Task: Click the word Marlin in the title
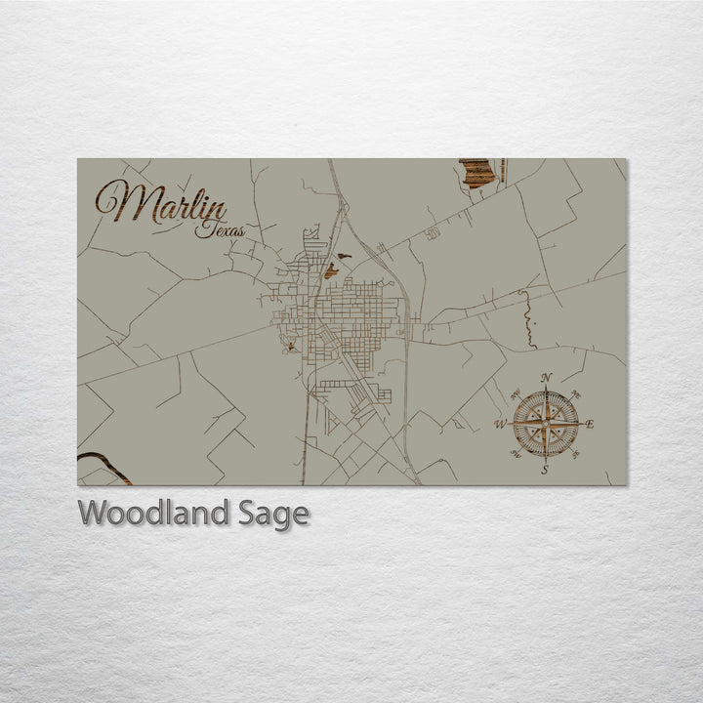(x=161, y=205)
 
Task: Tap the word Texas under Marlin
(x=219, y=231)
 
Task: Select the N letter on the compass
(x=547, y=379)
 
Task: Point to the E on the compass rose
(x=590, y=424)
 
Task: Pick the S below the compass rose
(x=546, y=469)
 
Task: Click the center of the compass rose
(x=546, y=424)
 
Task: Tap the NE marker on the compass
(x=577, y=393)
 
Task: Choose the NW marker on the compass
(x=515, y=393)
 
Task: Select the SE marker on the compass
(x=576, y=454)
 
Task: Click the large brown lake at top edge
(x=476, y=173)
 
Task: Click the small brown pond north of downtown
(x=332, y=269)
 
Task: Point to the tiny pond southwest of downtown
(x=289, y=346)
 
